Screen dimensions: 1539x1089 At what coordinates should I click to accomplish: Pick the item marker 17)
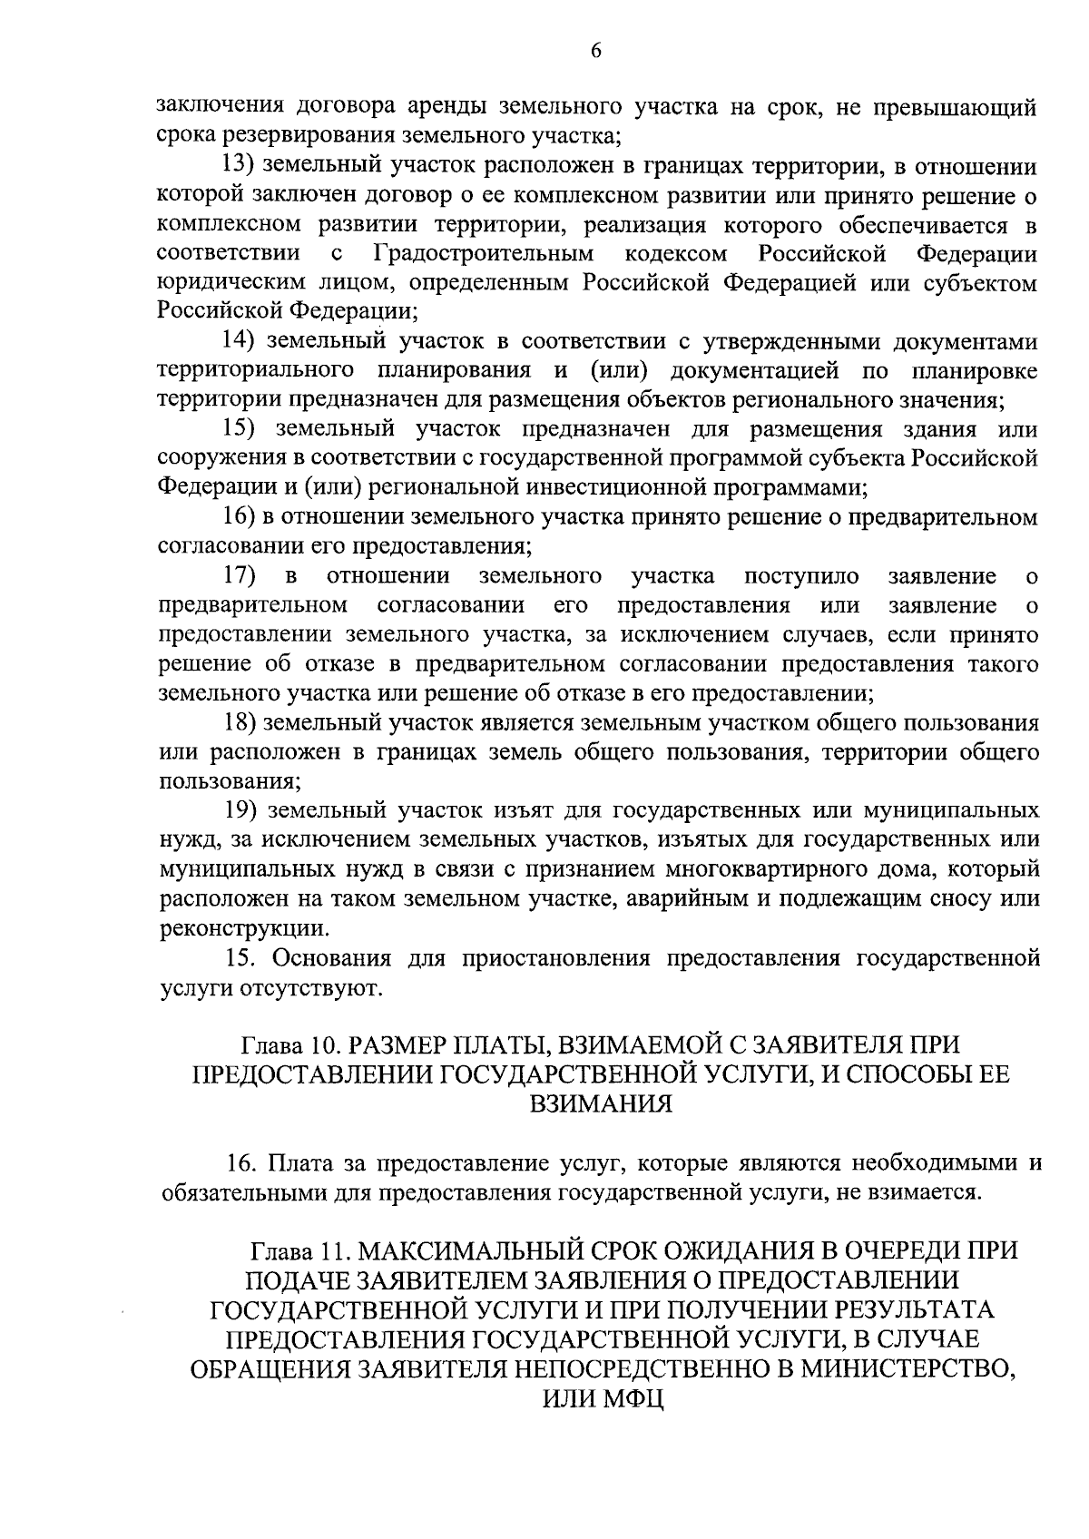pyautogui.click(x=241, y=575)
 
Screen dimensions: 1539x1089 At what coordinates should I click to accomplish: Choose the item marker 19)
pyautogui.click(x=241, y=809)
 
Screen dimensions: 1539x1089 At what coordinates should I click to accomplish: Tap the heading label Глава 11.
pyautogui.click(x=299, y=1250)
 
